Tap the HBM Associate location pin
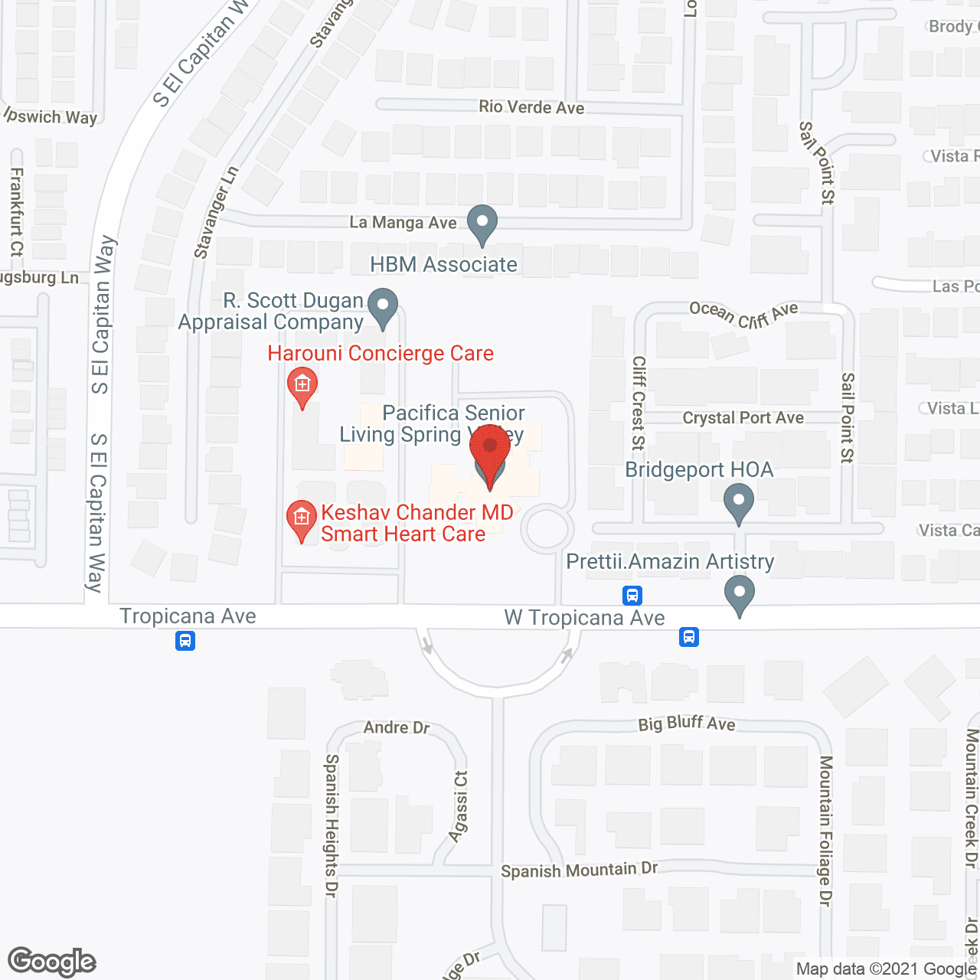point(482,224)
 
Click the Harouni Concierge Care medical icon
point(302,385)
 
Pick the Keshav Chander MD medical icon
point(302,519)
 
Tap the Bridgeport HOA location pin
point(739,502)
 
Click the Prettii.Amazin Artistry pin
point(740,594)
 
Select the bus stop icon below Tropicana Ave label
point(185,641)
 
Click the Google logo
point(52,962)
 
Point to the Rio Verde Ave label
point(531,107)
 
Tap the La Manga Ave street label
point(403,223)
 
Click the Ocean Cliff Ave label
point(743,314)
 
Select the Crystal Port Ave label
point(743,418)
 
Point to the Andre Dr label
point(397,727)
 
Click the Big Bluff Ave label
point(687,724)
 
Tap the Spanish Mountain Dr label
point(579,870)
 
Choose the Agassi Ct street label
point(459,806)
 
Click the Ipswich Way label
point(51,116)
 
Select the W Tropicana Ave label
point(584,618)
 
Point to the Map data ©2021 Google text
point(887,969)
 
